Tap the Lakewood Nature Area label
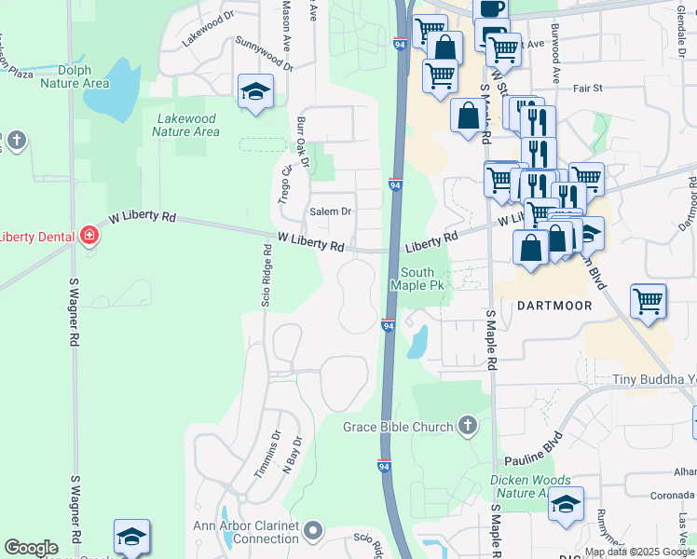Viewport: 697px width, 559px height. [186, 125]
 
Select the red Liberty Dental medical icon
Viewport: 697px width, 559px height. [89, 236]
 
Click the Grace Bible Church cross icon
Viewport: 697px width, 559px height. [468, 427]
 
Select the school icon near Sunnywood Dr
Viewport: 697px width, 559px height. [254, 92]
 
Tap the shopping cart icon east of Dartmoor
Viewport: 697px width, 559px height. [648, 301]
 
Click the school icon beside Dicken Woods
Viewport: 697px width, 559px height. [566, 504]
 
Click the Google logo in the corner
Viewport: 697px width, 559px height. [31, 547]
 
